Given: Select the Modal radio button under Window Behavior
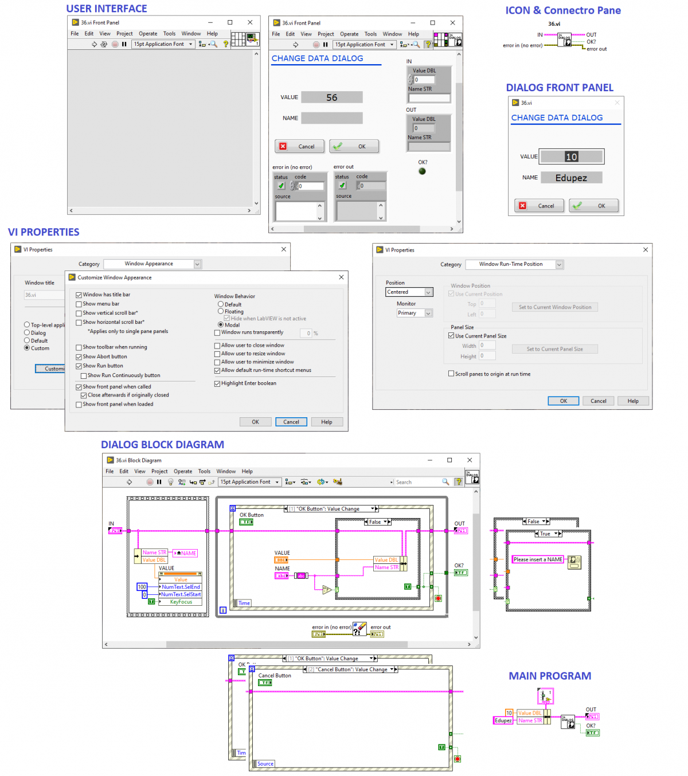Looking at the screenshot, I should [x=221, y=325].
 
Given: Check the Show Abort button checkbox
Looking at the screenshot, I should [x=79, y=357].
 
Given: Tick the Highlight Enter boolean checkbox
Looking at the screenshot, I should [x=217, y=384].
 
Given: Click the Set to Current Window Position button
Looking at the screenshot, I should [x=554, y=307].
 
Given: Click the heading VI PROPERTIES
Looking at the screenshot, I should [x=44, y=232].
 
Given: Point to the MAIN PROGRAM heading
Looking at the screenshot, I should [x=549, y=676].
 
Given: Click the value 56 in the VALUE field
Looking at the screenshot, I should [x=331, y=97].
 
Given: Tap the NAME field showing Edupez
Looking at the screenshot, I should [x=571, y=178].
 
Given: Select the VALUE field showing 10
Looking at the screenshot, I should [x=572, y=156].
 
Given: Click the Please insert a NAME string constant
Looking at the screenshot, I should [x=538, y=559].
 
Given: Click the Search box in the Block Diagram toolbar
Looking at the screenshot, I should [x=418, y=482].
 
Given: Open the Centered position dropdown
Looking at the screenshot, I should [x=409, y=292].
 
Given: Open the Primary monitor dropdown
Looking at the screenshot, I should [x=415, y=313].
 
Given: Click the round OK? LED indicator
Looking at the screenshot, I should [x=423, y=171].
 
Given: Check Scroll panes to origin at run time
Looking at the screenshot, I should [x=451, y=374].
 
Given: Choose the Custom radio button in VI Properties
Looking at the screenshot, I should [x=27, y=348].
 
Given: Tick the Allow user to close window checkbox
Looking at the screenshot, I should [x=217, y=346].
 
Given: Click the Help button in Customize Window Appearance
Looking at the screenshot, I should [x=326, y=422].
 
